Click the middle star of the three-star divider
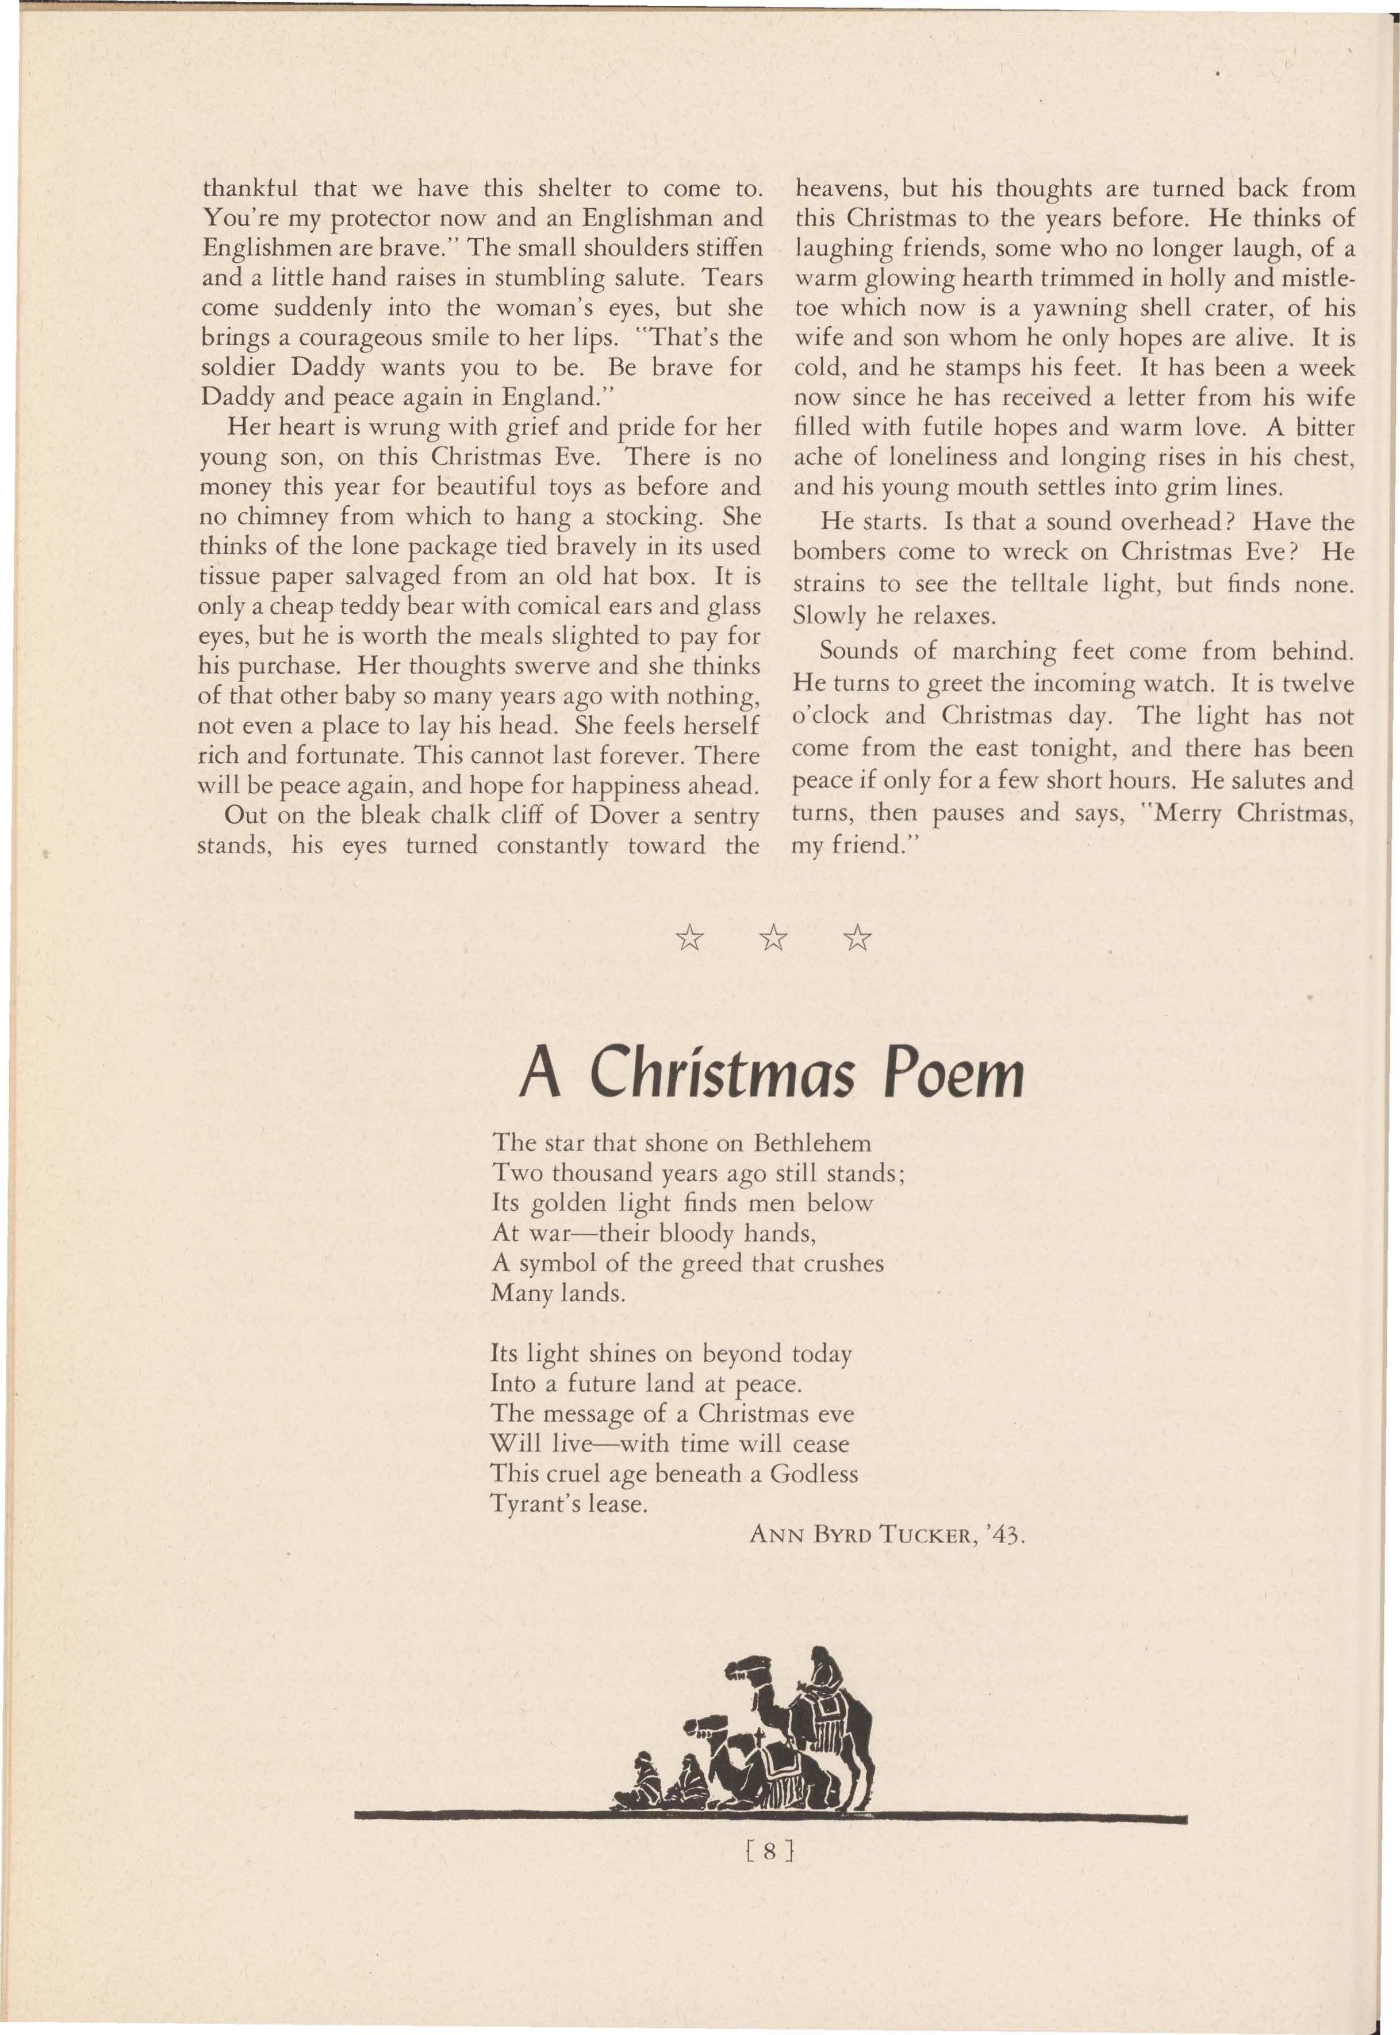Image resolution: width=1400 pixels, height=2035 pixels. click(773, 940)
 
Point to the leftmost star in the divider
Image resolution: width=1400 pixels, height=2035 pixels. click(689, 940)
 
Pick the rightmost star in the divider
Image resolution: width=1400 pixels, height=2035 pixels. click(857, 940)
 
